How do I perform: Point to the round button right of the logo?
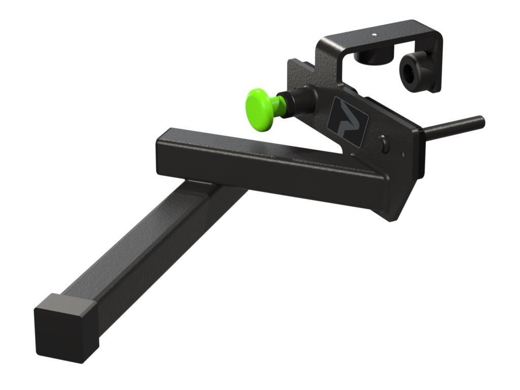(384, 146)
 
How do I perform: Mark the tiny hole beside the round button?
(403, 153)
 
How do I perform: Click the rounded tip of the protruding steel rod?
(481, 121)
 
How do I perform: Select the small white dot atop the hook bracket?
(374, 36)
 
